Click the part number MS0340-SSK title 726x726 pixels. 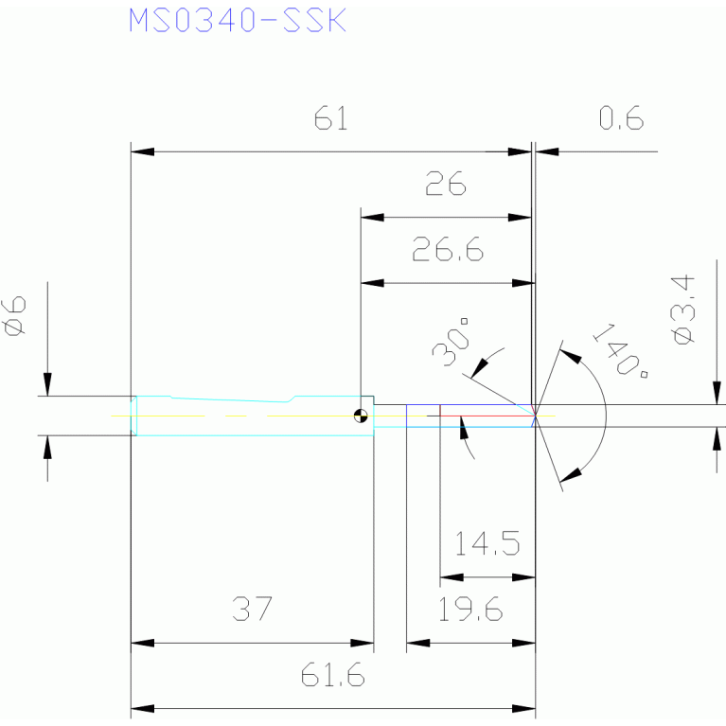tap(238, 21)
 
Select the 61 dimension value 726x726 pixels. tap(330, 118)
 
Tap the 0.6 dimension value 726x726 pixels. tap(621, 118)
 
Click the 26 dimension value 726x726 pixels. tap(446, 184)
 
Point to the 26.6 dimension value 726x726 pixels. tap(448, 249)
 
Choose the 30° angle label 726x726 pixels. tap(451, 342)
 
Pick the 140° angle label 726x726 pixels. tap(621, 350)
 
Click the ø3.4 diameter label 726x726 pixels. tap(683, 310)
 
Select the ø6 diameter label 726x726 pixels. tap(14, 316)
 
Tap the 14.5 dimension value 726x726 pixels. tap(487, 543)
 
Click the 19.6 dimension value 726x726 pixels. tap(470, 609)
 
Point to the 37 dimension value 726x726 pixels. tap(253, 609)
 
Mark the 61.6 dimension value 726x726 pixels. tap(332, 675)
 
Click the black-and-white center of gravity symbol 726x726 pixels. tap(361, 416)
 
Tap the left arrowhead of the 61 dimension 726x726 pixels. tap(143, 151)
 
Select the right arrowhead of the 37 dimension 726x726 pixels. tap(363, 643)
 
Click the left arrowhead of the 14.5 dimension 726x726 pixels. tap(452, 577)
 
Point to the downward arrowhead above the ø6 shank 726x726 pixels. tap(47, 384)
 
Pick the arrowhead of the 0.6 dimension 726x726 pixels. tap(547, 151)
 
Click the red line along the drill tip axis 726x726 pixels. tap(487, 416)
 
